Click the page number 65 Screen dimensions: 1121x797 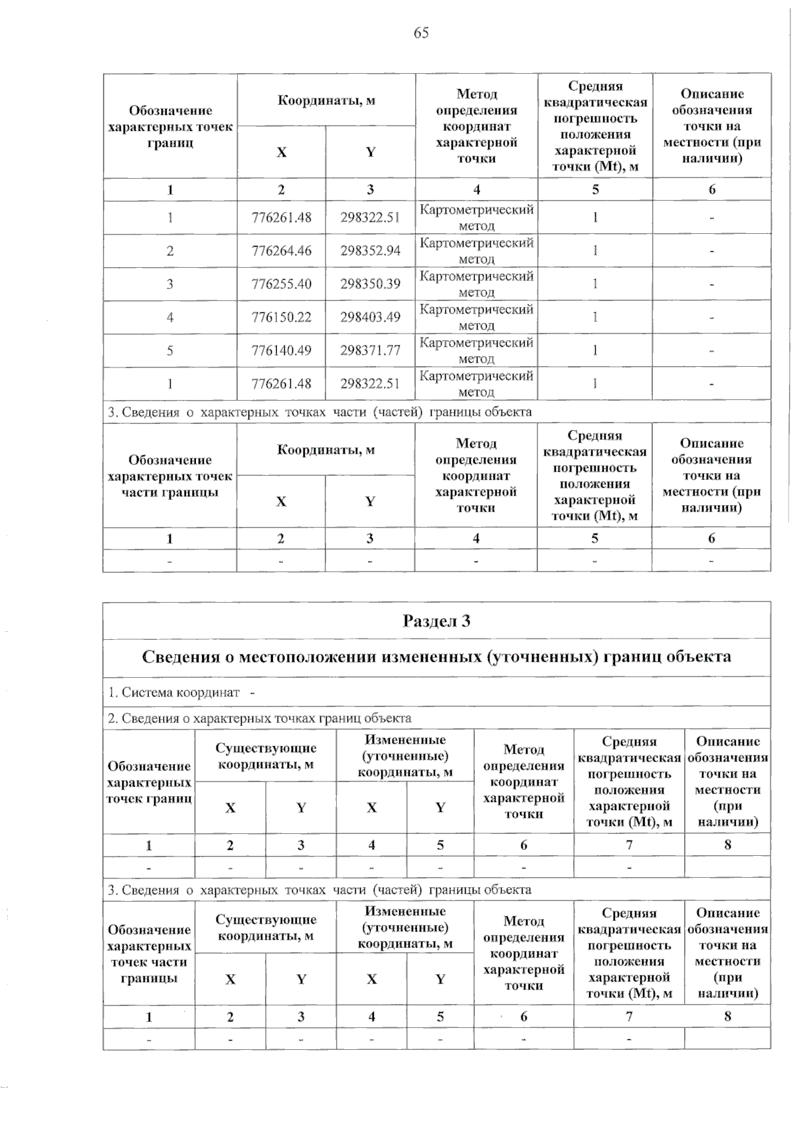421,33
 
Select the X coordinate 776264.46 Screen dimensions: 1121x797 282,251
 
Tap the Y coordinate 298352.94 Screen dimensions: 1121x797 371,251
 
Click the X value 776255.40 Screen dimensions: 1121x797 282,284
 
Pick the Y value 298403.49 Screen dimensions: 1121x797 371,318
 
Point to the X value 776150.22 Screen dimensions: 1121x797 282,318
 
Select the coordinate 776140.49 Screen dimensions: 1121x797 282,351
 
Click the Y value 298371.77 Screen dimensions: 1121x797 371,351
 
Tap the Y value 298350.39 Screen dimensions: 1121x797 371,284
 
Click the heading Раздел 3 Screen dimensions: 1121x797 436,621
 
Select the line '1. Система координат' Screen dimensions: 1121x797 174,692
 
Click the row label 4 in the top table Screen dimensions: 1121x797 170,318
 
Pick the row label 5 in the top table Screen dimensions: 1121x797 170,351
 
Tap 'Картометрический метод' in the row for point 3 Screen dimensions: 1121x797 476,284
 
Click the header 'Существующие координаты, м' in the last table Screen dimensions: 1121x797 266,928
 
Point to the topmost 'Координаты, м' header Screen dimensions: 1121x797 326,100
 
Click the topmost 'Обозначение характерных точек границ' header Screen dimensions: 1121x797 170,126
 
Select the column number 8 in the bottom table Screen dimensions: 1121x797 727,1016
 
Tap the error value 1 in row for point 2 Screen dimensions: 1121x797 595,251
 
